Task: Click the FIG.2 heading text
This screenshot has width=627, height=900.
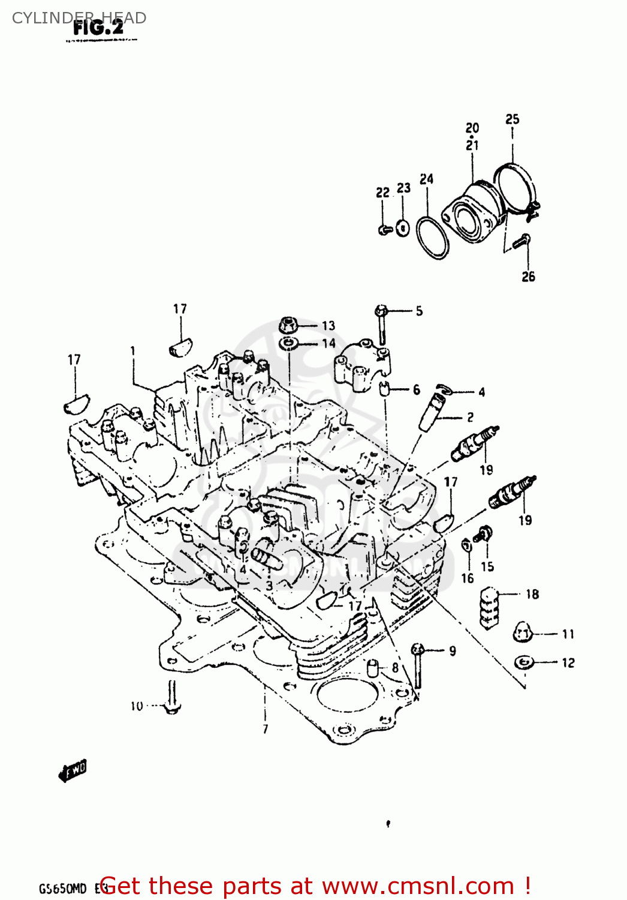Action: (x=98, y=28)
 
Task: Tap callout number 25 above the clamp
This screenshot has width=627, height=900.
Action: (x=512, y=119)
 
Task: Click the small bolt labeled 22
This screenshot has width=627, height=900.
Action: (x=384, y=229)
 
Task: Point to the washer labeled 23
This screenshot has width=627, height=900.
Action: (x=403, y=228)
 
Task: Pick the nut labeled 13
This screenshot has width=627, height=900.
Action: (x=289, y=326)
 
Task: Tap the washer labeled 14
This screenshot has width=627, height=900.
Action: (x=290, y=344)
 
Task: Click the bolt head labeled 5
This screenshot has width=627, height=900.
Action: (x=381, y=311)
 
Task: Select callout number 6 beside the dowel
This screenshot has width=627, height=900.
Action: (x=417, y=390)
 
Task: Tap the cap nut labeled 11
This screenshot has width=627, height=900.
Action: (x=523, y=632)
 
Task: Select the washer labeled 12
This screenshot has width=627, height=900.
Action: (x=524, y=662)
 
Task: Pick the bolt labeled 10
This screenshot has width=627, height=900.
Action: (x=172, y=699)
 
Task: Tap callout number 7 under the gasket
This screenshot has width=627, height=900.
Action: (x=265, y=730)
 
